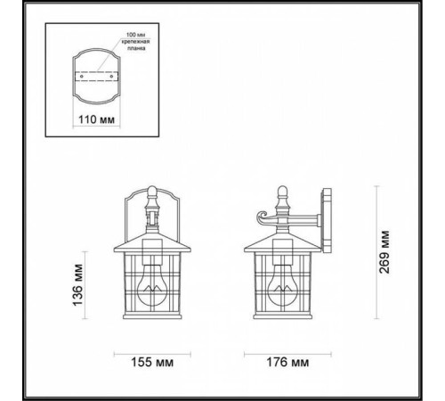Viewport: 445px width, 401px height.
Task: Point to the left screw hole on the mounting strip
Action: pyautogui.click(x=81, y=77)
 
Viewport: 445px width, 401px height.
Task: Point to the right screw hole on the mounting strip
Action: pyautogui.click(x=115, y=77)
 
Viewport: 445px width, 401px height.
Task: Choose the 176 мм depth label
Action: pyautogui.click(x=287, y=362)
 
